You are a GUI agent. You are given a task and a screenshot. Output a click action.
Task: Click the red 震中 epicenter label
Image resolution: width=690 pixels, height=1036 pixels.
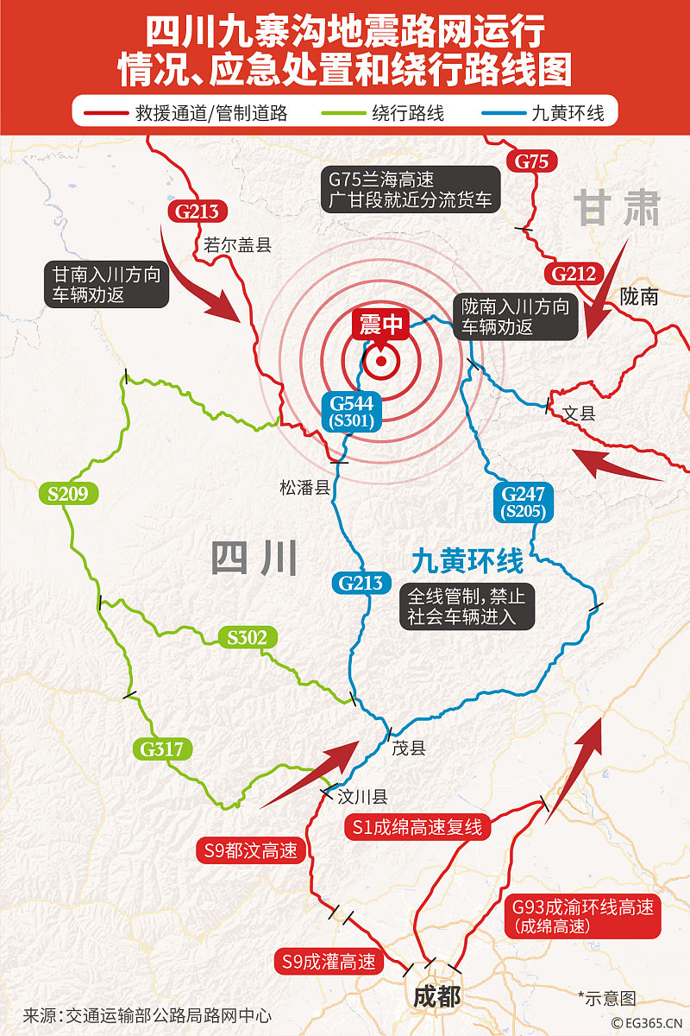380,325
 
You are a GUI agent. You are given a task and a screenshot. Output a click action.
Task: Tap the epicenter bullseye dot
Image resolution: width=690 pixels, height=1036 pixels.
380,361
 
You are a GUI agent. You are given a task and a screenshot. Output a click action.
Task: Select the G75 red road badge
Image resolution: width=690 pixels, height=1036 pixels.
531,161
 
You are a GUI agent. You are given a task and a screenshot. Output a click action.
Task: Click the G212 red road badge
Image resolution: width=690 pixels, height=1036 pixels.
574,275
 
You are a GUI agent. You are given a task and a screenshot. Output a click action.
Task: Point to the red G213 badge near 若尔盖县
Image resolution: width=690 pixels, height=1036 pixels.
197,211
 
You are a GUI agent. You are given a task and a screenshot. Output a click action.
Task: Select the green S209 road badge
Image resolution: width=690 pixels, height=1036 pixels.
68,494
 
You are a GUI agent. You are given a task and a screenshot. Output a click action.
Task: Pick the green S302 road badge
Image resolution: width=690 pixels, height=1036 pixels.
248,638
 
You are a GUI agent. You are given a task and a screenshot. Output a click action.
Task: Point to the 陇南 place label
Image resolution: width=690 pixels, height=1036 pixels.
639,297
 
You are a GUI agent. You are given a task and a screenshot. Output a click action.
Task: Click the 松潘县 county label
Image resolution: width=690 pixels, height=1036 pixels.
305,488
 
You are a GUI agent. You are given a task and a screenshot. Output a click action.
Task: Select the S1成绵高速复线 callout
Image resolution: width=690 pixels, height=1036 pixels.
417,827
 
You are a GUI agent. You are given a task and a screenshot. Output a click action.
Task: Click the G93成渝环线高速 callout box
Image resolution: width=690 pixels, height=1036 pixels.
582,916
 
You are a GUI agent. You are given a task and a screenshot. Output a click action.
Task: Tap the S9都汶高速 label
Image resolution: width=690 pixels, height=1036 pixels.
251,850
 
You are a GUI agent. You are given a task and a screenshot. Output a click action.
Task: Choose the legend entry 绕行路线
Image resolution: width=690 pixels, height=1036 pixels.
408,112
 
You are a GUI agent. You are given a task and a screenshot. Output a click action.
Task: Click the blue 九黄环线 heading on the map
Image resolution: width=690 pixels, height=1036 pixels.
467,562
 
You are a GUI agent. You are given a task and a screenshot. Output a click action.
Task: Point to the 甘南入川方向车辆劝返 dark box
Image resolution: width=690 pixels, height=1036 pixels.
107,284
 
